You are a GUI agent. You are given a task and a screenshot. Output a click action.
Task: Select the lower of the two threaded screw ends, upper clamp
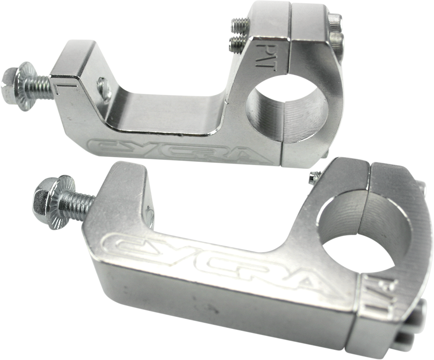pos(237,43)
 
